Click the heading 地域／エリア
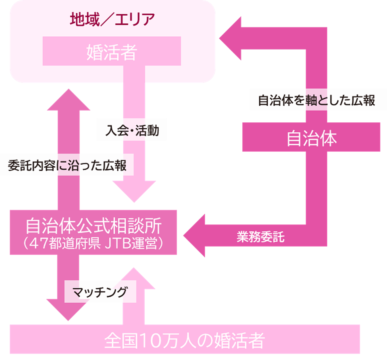point(112,19)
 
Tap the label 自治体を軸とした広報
point(316,100)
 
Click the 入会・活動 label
point(132,130)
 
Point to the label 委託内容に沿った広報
point(67,165)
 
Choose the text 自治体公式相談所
point(94,227)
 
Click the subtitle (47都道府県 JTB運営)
point(94,244)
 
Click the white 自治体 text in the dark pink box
point(311,139)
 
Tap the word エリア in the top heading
point(135,19)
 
